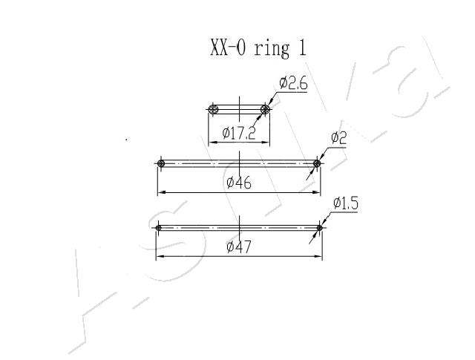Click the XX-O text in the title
(x=228, y=48)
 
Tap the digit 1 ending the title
(x=303, y=48)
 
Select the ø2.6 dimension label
(x=293, y=83)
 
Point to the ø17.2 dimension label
(x=239, y=133)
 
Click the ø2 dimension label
(x=338, y=138)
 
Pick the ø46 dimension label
(x=239, y=183)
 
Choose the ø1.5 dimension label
(x=346, y=203)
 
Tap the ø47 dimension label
(x=239, y=247)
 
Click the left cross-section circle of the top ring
(x=214, y=109)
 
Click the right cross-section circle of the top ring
(x=265, y=109)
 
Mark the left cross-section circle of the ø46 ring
(x=161, y=163)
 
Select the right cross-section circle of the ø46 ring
(x=317, y=163)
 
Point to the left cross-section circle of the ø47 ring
(x=158, y=228)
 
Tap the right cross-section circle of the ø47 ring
(x=319, y=228)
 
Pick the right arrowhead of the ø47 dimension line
(x=318, y=256)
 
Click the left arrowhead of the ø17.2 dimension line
(x=213, y=142)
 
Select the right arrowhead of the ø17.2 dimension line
(x=266, y=142)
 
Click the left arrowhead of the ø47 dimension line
(x=160, y=256)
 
